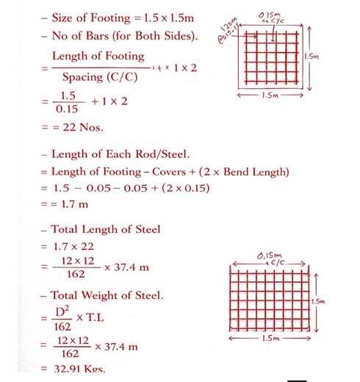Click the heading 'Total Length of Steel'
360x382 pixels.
coord(106,230)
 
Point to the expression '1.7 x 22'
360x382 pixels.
coord(73,247)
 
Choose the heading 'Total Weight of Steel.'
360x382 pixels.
coord(107,297)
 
